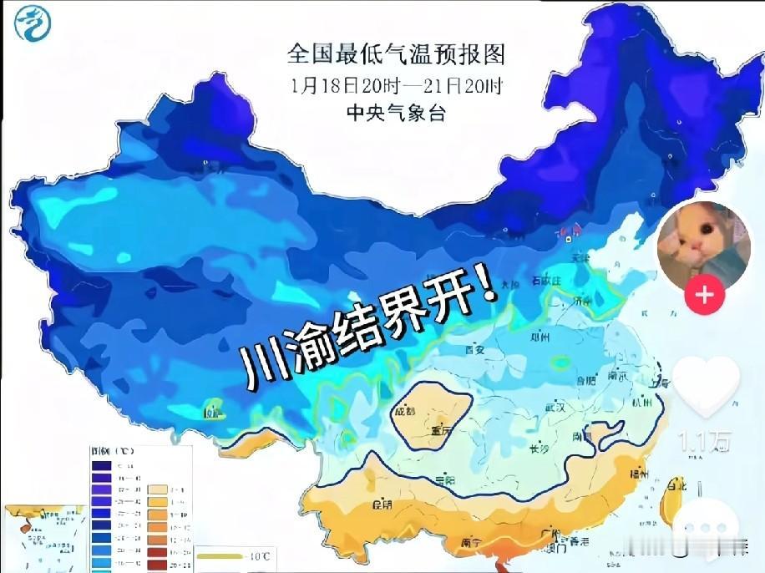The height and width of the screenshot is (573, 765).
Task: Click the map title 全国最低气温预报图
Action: coord(396,55)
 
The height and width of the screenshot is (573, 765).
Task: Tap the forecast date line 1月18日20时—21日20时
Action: coord(397,85)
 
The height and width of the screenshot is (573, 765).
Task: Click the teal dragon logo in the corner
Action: coord(33,23)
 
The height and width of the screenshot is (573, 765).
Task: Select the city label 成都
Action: coord(404,410)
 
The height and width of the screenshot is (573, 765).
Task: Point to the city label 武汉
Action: coord(556,408)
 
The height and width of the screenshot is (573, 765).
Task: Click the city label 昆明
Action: coord(383,505)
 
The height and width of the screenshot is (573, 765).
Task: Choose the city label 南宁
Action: coord(471,543)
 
